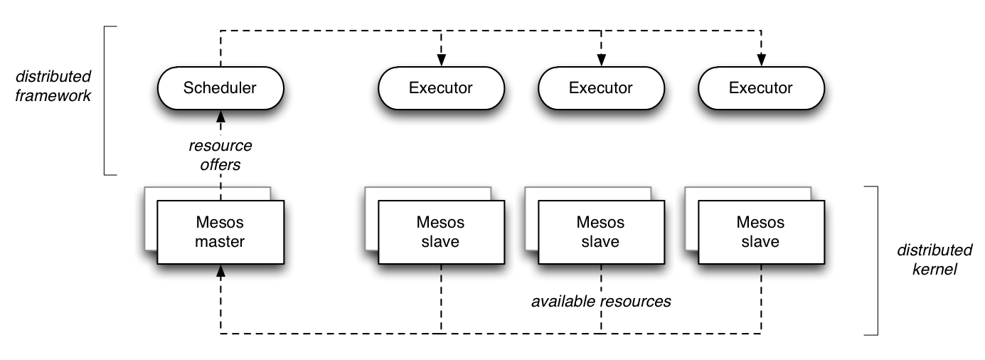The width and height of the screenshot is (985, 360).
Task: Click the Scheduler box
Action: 220,88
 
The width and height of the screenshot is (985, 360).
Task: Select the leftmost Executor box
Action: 440,88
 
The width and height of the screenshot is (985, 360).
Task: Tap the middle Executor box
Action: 600,88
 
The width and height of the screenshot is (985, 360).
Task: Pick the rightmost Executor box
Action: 761,88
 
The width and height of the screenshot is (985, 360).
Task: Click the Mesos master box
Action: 220,232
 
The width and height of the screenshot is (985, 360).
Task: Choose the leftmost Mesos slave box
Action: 441,232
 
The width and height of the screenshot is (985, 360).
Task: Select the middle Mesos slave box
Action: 601,232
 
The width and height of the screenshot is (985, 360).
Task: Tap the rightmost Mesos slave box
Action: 762,232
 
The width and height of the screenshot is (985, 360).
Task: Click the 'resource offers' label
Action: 220,155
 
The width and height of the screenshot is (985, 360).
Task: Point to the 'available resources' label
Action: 601,301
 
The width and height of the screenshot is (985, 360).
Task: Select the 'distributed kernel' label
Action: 934,260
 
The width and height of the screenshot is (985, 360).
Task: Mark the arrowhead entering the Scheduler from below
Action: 220,115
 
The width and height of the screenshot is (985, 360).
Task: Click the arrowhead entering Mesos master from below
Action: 220,270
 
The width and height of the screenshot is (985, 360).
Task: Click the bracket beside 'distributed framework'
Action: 106,100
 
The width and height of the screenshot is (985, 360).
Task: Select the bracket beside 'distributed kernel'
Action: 875,260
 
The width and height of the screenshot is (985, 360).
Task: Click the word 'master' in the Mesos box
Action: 220,242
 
